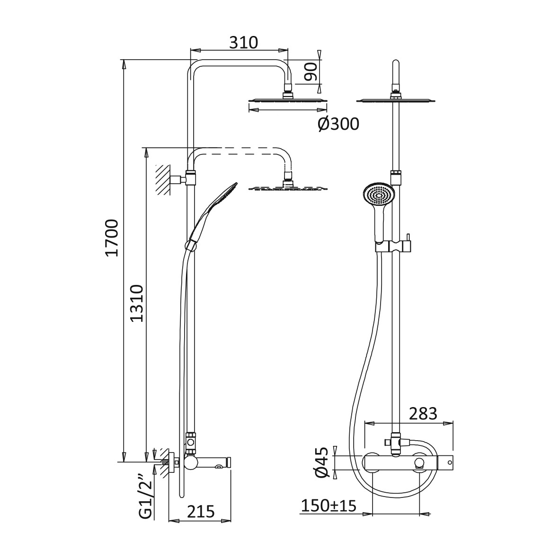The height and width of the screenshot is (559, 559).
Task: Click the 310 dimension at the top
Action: (x=243, y=43)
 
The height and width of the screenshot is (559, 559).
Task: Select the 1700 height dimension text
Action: (x=112, y=238)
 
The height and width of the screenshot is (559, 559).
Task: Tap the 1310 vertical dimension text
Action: (x=136, y=303)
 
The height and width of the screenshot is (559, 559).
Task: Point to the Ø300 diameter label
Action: (x=338, y=124)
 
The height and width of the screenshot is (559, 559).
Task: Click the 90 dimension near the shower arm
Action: (x=311, y=71)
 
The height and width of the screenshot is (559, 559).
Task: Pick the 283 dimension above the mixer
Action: (x=423, y=414)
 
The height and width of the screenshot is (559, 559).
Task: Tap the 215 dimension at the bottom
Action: (x=201, y=512)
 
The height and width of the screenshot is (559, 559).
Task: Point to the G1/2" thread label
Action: (x=146, y=497)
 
